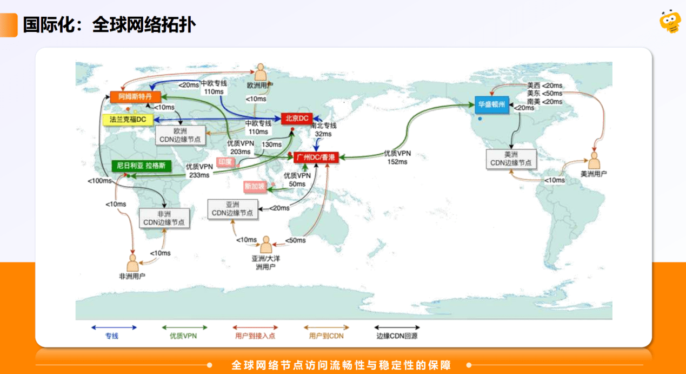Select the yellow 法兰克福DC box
tap(128, 120)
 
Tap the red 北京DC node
tap(297, 119)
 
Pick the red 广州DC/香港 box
tap(316, 158)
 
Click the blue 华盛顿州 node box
tap(492, 104)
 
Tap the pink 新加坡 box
tap(255, 187)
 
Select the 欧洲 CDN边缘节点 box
tap(180, 135)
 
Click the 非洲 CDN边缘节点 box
tap(164, 218)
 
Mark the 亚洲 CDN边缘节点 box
tap(232, 209)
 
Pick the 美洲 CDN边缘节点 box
tap(510, 159)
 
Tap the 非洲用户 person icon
tap(132, 263)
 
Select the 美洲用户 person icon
tap(594, 161)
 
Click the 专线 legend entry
tap(114, 331)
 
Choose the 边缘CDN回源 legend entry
tap(397, 331)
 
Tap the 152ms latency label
tap(397, 161)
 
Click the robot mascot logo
tap(669, 22)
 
